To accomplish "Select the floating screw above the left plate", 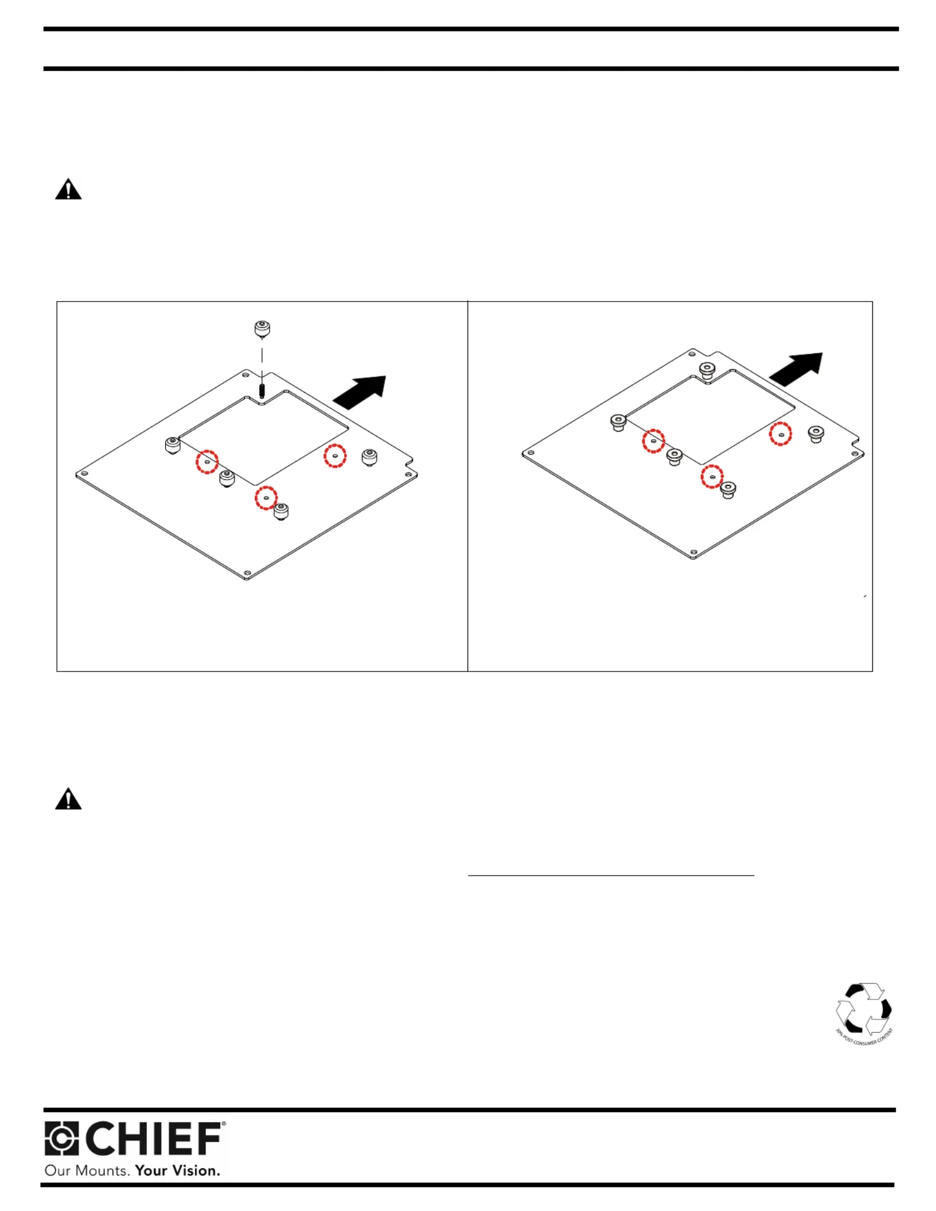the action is pyautogui.click(x=262, y=329).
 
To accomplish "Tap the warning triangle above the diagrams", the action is pyautogui.click(x=68, y=189).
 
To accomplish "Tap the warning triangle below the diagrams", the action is pyautogui.click(x=68, y=799).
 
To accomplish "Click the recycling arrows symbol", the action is pyautogui.click(x=863, y=1009).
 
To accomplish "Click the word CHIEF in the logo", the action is pyautogui.click(x=154, y=1139).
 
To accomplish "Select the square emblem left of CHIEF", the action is pyautogui.click(x=61, y=1139).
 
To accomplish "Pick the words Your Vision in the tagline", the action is pyautogui.click(x=177, y=1170).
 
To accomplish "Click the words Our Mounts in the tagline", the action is pyautogui.click(x=87, y=1170).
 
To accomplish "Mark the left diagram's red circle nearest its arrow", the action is pyautogui.click(x=335, y=456).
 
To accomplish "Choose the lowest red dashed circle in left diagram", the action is pyautogui.click(x=266, y=498).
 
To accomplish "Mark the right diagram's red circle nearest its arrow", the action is pyautogui.click(x=781, y=434).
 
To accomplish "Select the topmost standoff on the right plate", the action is pyautogui.click(x=707, y=370).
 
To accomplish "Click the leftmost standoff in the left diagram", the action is pyautogui.click(x=173, y=445).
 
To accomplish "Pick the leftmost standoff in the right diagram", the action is pyautogui.click(x=618, y=423).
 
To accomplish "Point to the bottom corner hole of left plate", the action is pyautogui.click(x=247, y=573).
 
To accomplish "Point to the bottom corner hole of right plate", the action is pyautogui.click(x=693, y=552).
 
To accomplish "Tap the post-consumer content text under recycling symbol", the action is pyautogui.click(x=865, y=1038).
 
